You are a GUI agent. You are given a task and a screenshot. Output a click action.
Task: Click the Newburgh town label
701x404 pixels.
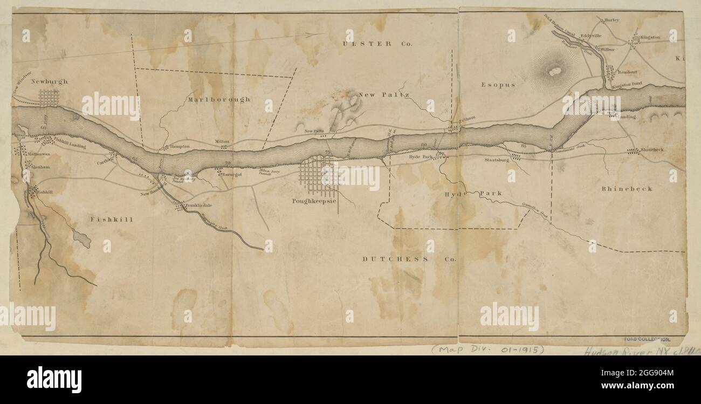(49, 81)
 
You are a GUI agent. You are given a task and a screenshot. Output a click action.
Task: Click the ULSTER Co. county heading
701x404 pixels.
(377, 44)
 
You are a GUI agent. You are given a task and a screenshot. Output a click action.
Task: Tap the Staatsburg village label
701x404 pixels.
(497, 160)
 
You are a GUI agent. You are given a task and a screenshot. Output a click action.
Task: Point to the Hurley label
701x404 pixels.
(612, 20)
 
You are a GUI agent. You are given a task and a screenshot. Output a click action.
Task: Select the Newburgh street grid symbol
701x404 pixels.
(49, 98)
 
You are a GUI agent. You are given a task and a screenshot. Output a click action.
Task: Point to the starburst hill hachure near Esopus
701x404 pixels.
(554, 70)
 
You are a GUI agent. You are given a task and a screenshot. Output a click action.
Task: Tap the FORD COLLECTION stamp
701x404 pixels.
(647, 339)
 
